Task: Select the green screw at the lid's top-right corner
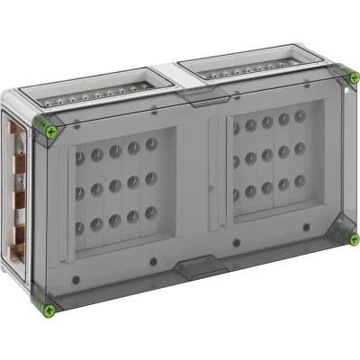point(346,79)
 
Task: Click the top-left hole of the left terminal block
point(79,157)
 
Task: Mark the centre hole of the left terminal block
point(114,186)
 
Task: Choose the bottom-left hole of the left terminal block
point(80,224)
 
